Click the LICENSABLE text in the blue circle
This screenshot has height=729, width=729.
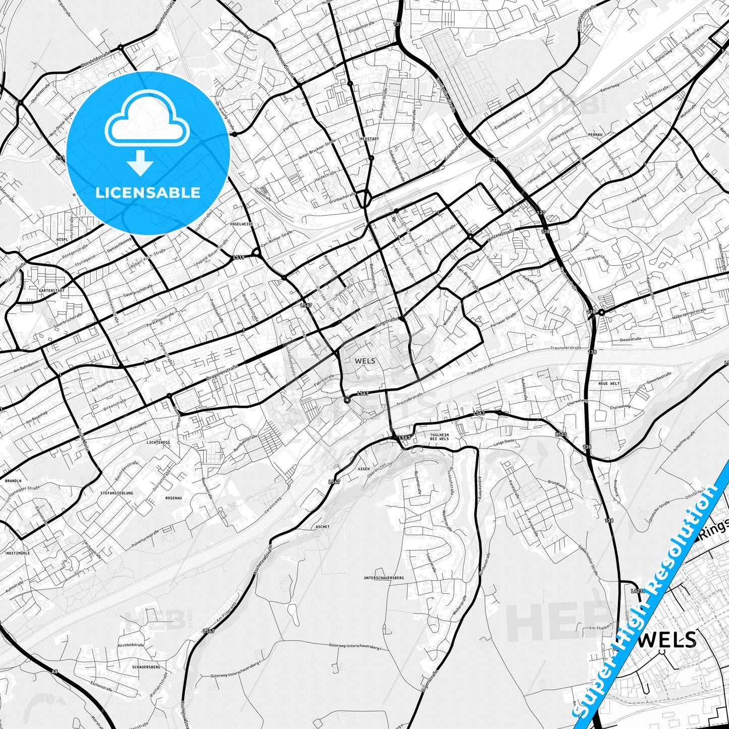click(x=148, y=193)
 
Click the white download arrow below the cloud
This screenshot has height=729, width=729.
click(x=140, y=162)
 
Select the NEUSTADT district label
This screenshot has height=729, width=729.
click(x=369, y=138)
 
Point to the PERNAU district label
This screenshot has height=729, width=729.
click(x=595, y=135)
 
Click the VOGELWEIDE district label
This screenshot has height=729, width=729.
click(x=241, y=223)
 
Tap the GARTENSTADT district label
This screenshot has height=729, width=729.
click(x=51, y=291)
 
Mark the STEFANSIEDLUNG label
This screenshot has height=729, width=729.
click(x=117, y=493)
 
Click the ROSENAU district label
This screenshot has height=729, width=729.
click(x=173, y=498)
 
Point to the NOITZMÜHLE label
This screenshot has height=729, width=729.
click(x=18, y=553)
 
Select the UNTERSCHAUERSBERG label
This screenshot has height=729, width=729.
click(x=384, y=578)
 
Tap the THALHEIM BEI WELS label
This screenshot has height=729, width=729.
click(x=439, y=436)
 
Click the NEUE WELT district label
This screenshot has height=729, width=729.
click(x=608, y=384)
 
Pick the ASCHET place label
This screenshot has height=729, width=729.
click(x=322, y=527)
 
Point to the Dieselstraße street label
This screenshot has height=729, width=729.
click(x=631, y=339)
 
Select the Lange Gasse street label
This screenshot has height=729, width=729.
click(x=504, y=442)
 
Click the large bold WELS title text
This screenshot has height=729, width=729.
click(x=670, y=640)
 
